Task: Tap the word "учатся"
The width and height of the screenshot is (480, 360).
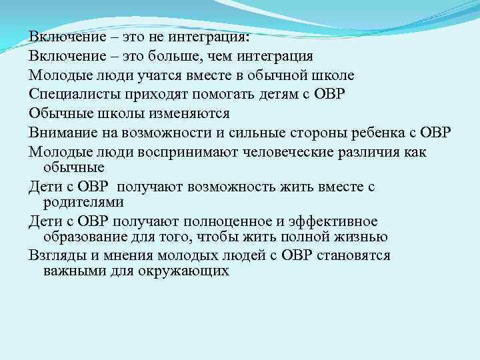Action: [163, 75]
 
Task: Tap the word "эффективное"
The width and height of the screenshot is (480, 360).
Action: [328, 221]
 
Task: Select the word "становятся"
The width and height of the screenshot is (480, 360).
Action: [353, 255]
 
